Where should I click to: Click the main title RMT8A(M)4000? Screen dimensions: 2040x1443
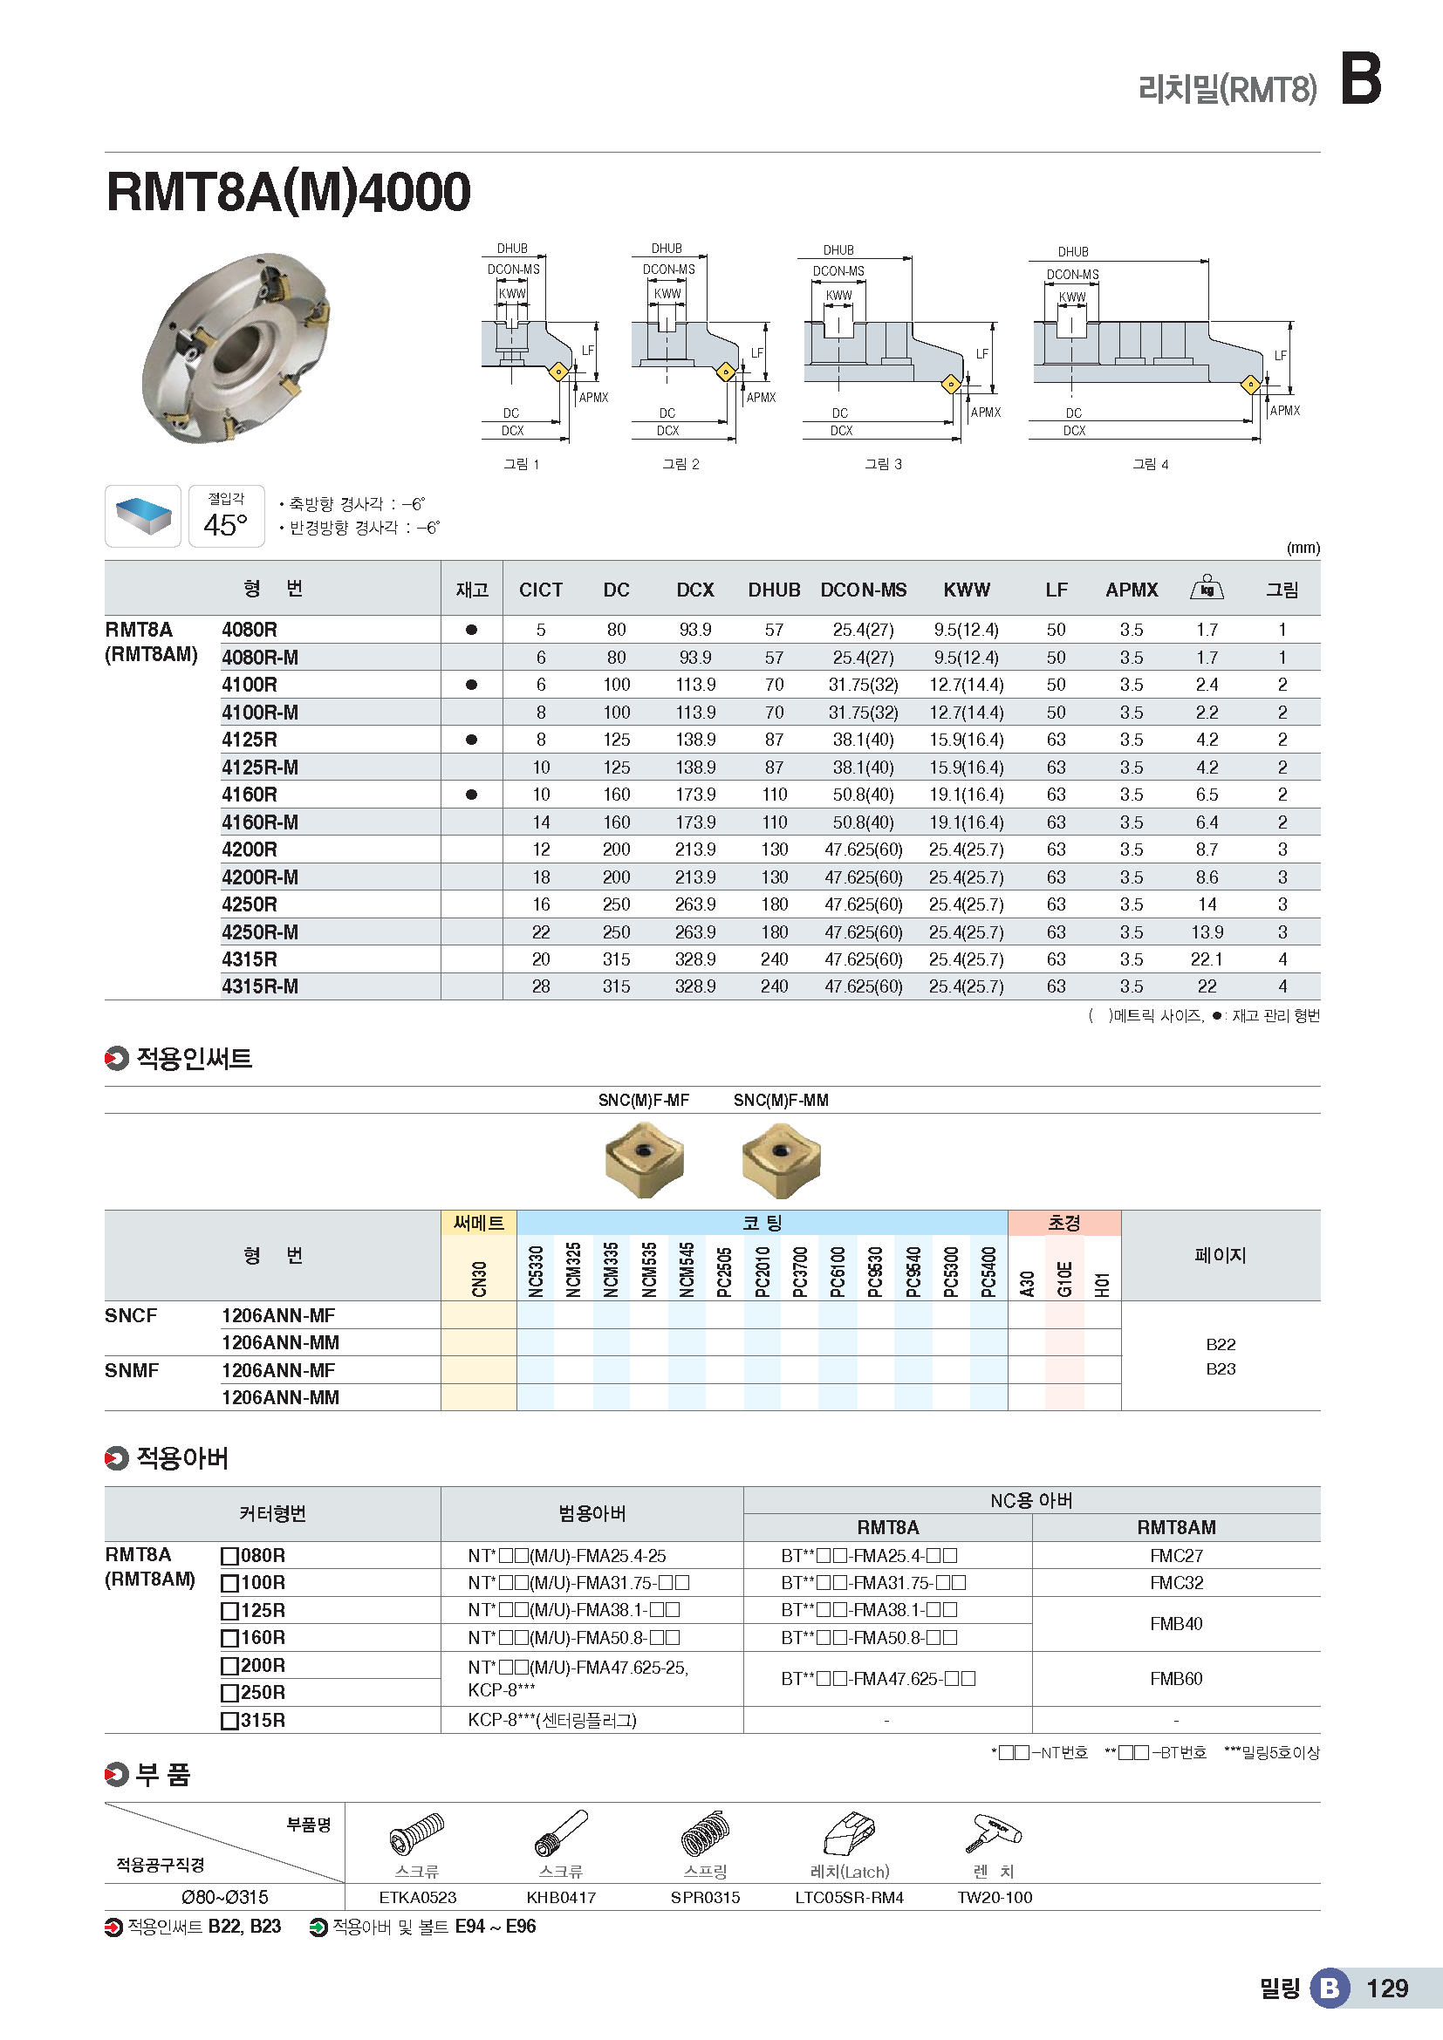pos(288,192)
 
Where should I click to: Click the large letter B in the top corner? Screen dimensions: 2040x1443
pos(1359,80)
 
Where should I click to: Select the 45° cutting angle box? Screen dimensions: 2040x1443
pos(227,516)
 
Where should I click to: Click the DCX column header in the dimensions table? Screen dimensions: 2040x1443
pos(694,590)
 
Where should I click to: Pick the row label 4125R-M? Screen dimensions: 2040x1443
pos(260,768)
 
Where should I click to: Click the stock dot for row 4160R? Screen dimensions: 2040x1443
pos(472,795)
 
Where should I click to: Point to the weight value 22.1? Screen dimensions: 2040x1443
pos(1206,959)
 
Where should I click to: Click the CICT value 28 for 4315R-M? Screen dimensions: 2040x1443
pos(540,987)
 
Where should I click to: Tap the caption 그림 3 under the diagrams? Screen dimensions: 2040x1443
pos(883,464)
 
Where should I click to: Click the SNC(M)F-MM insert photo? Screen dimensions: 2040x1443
pos(781,1159)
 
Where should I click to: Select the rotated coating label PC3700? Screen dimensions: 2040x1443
pos(800,1272)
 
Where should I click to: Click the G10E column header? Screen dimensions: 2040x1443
pos(1064,1279)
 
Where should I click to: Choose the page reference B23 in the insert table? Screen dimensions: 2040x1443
pos(1221,1369)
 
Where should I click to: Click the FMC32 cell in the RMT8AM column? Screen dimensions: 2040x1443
pos(1175,1583)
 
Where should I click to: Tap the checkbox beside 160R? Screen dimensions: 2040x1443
pos(230,1639)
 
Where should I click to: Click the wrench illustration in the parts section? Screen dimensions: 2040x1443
pos(995,1834)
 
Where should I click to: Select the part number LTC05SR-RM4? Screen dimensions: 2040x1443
pos(849,1898)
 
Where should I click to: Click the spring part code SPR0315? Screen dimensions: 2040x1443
pos(705,1898)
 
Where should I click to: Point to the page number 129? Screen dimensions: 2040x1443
pos(1387,1989)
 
